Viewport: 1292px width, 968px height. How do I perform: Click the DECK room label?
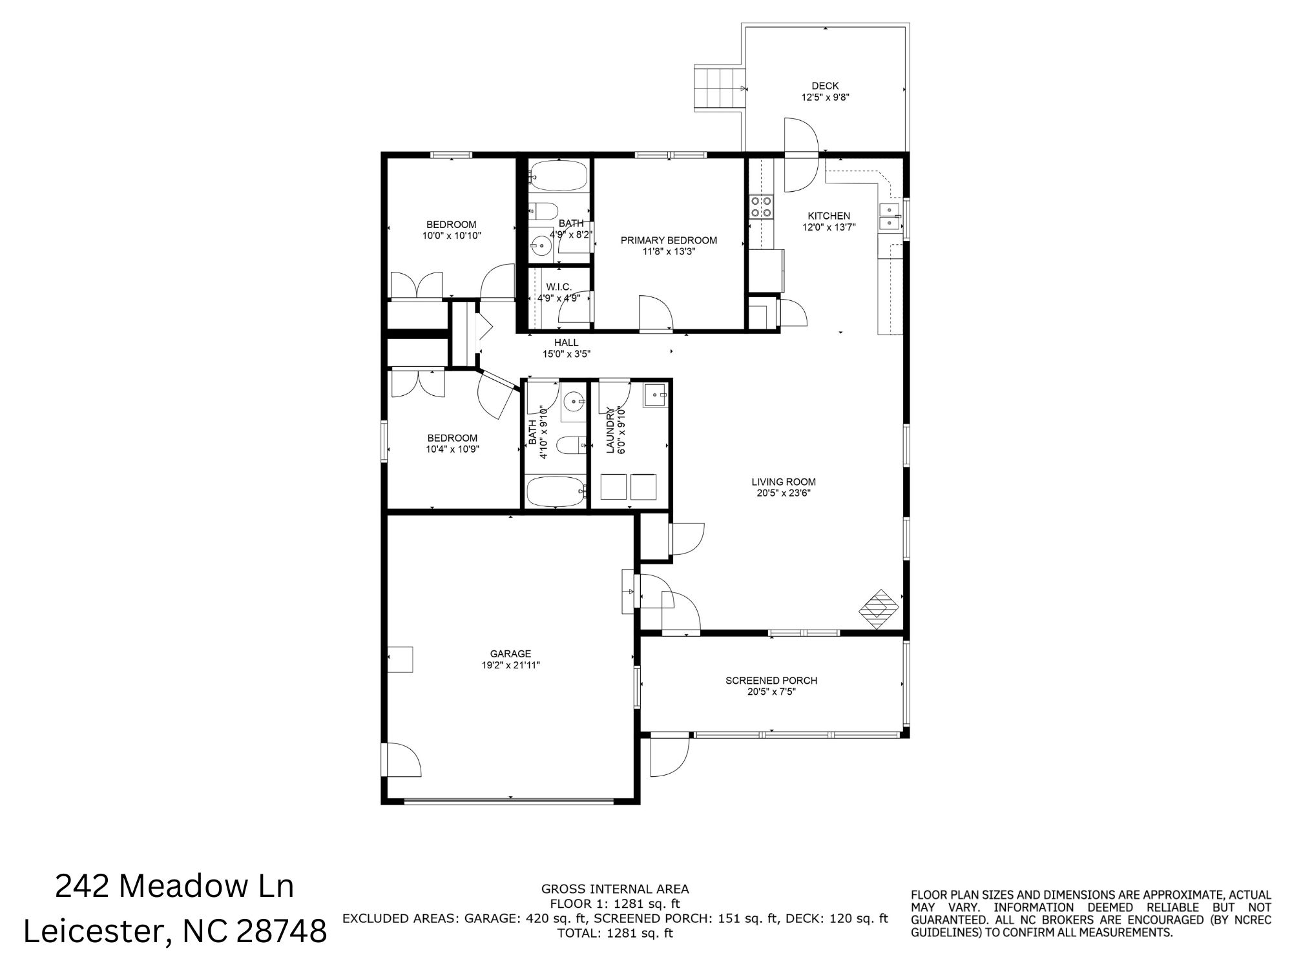(x=825, y=86)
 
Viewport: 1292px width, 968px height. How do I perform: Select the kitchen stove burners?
(x=760, y=206)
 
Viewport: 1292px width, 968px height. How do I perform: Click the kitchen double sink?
(x=891, y=216)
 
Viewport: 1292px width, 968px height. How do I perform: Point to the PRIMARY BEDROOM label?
(x=669, y=240)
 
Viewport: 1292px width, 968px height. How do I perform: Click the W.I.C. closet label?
(x=559, y=287)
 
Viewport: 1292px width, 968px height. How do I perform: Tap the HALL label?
(x=566, y=342)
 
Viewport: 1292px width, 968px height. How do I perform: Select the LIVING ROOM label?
(x=784, y=482)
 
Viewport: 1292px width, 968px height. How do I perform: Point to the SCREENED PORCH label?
(x=771, y=681)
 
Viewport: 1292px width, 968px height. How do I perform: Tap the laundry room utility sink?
(x=655, y=395)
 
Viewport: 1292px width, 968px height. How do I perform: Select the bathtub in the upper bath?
(x=558, y=176)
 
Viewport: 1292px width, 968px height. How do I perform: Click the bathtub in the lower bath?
(x=556, y=491)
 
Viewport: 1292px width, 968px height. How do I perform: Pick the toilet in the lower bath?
(x=571, y=445)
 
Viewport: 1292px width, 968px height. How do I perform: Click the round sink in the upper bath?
(x=541, y=245)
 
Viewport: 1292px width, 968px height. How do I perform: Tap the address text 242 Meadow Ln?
(x=174, y=886)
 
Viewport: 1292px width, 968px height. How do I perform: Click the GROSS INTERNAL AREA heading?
(x=615, y=889)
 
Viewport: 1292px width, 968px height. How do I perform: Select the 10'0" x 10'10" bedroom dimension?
(x=452, y=236)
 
